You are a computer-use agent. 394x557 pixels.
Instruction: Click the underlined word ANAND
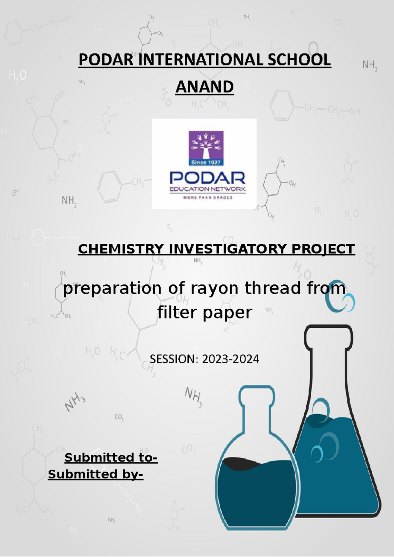205,87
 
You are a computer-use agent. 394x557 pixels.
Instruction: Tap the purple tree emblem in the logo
206,145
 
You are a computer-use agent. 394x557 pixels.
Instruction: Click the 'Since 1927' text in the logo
206,162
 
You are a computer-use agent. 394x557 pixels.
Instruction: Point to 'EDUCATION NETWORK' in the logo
208,189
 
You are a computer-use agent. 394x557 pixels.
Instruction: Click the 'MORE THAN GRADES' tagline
208,198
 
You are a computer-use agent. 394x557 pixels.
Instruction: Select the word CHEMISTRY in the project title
120,249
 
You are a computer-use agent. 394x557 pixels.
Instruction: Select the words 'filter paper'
205,312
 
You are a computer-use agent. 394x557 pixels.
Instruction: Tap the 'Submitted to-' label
111,458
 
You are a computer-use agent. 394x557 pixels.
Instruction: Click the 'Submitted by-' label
96,474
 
